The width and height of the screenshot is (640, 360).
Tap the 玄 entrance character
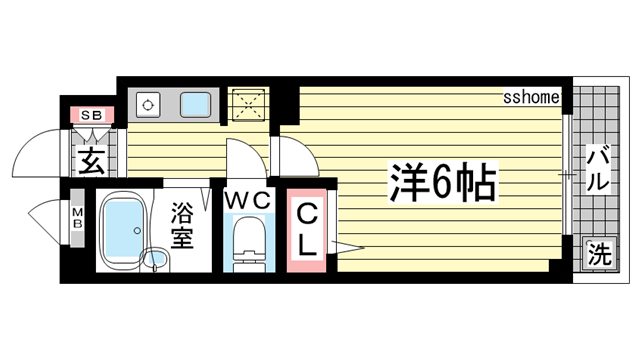91,161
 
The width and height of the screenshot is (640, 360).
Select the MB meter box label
77,218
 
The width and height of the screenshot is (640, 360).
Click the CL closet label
307,228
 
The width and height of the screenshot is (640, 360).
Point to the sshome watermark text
531,97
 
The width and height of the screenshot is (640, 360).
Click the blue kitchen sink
196,103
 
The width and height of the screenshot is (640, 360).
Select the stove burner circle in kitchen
149,103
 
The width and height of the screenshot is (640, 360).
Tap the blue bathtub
124,230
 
